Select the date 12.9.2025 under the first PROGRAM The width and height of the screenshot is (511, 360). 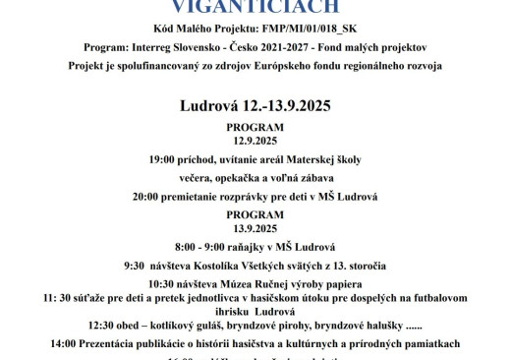click(x=255, y=140)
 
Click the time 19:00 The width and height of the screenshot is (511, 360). click(x=164, y=158)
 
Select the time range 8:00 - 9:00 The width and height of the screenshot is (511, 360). click(x=200, y=246)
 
